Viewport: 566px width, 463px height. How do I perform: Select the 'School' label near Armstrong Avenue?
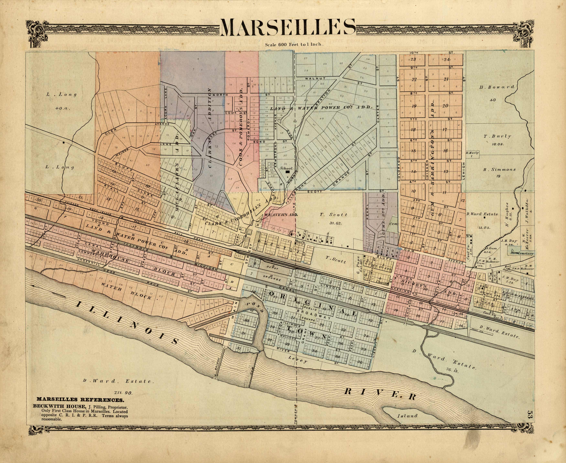click(x=286, y=168)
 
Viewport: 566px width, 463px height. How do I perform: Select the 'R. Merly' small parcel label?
click(x=472, y=153)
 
